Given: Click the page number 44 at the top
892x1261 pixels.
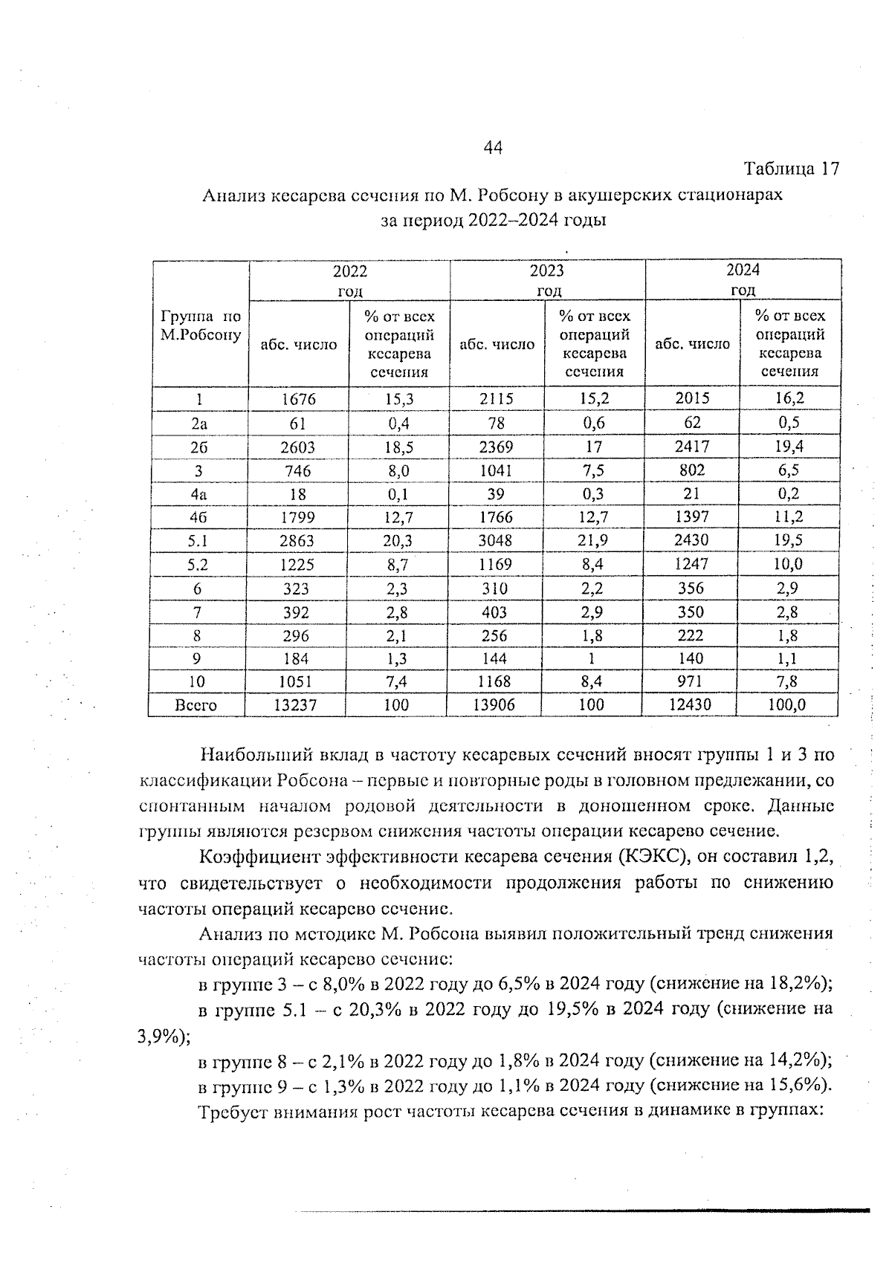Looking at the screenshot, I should point(492,148).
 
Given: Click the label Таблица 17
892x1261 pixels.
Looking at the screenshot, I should point(791,169).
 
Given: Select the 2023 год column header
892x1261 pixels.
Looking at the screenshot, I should point(547,279).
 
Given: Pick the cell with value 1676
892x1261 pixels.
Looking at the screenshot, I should point(298,399).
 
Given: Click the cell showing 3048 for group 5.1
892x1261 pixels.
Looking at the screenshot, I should point(495,541).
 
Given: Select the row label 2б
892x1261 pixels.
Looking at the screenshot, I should point(198,447).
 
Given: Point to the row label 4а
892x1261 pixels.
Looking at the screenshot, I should point(198,494).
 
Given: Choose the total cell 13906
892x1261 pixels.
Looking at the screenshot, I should point(494,705).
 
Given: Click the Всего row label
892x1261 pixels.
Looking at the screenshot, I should point(195,705).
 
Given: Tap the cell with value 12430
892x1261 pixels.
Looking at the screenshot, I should point(690,704).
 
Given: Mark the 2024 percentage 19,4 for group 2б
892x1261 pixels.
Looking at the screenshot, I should point(789,447).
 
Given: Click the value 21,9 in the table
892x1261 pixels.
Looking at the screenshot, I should point(592,541).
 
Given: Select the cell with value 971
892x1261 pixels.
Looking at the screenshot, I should point(691,681).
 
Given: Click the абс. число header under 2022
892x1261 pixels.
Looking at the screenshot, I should point(298,345).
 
